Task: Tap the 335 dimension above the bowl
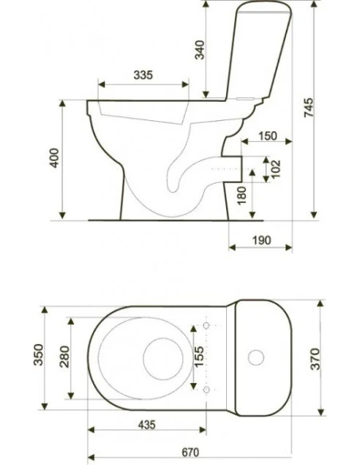[x=143, y=75]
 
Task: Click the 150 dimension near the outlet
[x=268, y=137]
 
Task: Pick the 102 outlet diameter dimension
[x=275, y=168]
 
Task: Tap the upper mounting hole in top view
[x=207, y=326]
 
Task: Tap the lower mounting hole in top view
[x=207, y=391]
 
